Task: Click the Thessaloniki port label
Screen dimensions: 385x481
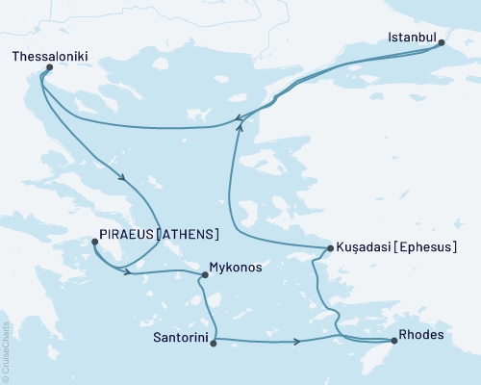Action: pyautogui.click(x=50, y=58)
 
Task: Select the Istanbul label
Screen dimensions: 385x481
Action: pyautogui.click(x=413, y=39)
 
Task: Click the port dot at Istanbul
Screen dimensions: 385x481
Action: pyautogui.click(x=441, y=41)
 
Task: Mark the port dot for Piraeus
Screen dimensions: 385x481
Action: pyautogui.click(x=93, y=243)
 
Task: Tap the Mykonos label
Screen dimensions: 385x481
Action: pyautogui.click(x=237, y=268)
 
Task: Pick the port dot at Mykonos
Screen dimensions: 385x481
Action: pyautogui.click(x=204, y=275)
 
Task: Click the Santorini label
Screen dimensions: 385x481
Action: pyautogui.click(x=180, y=338)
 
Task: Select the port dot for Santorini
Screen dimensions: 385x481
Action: pyautogui.click(x=213, y=340)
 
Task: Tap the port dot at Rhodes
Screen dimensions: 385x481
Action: pyautogui.click(x=394, y=340)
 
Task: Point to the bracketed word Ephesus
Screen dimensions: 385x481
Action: pyautogui.click(x=424, y=248)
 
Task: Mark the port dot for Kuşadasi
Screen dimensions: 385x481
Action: pyautogui.click(x=331, y=249)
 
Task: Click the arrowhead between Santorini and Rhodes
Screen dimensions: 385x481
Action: pyautogui.click(x=299, y=341)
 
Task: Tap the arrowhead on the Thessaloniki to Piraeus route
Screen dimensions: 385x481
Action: pyautogui.click(x=121, y=176)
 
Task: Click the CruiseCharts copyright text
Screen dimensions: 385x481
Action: pyautogui.click(x=6, y=352)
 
